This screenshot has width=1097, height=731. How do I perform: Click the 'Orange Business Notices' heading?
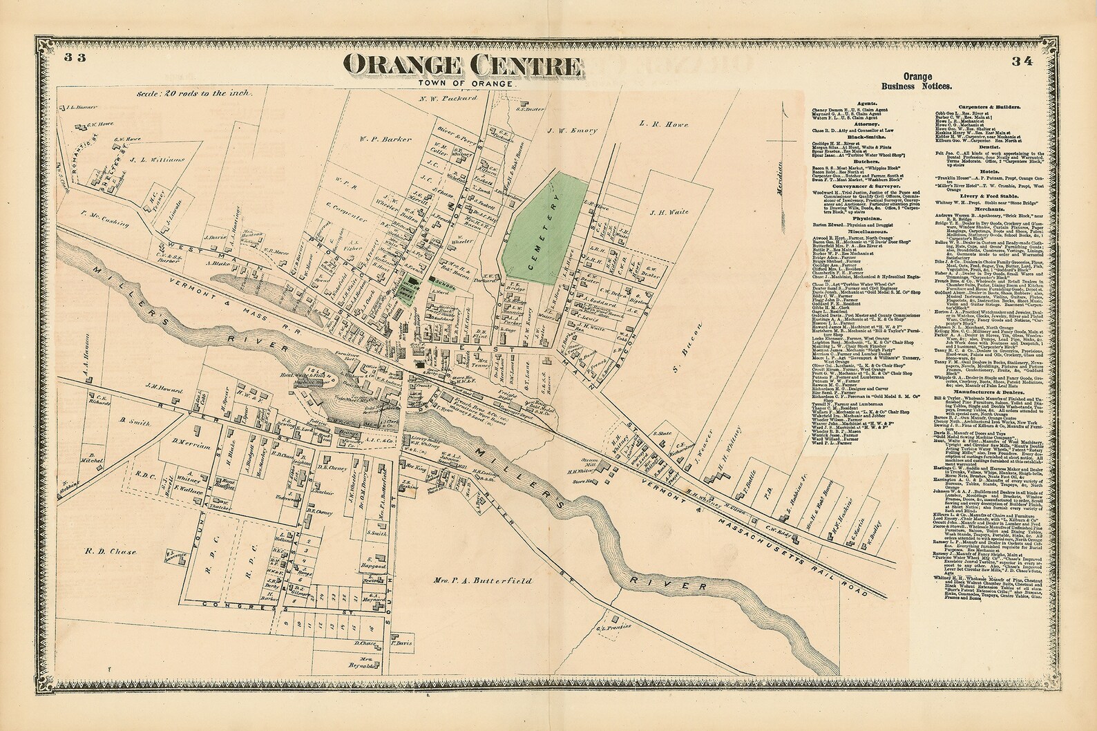[916, 81]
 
